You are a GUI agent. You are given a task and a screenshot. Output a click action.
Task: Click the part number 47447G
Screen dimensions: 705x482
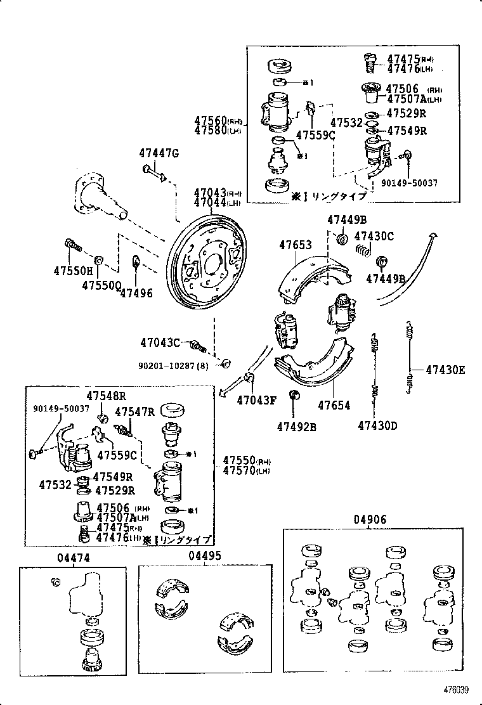pos(159,153)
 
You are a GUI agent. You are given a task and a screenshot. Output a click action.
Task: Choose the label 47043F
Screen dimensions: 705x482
pos(257,399)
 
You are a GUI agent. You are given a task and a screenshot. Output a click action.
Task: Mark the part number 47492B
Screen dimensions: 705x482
pos(296,426)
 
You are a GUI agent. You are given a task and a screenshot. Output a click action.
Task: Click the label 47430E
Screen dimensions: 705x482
pos(445,370)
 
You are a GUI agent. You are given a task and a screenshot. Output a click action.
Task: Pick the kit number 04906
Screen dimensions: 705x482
pos(370,519)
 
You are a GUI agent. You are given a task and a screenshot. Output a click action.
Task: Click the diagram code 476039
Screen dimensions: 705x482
pos(455,690)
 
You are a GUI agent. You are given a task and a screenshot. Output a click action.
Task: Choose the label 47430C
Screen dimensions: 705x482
pos(374,236)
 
